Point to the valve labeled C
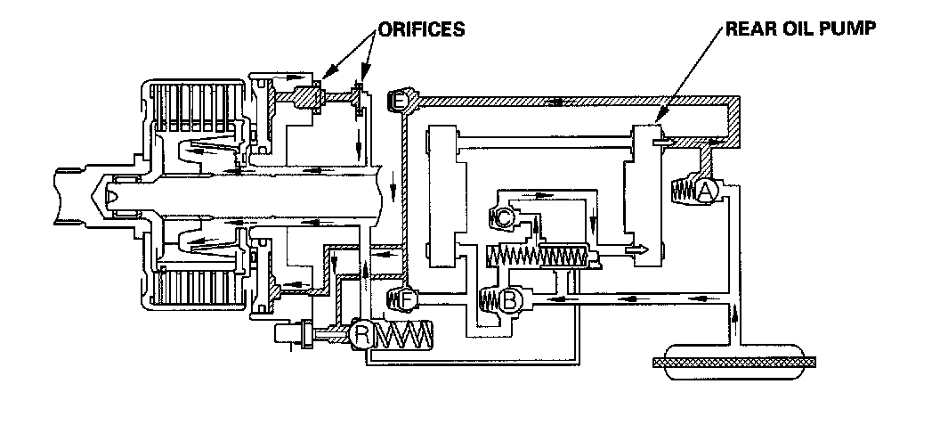[x=503, y=216]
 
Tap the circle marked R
[x=362, y=335]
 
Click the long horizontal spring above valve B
[x=538, y=258]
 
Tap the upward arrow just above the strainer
[x=735, y=315]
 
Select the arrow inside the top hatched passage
[x=555, y=101]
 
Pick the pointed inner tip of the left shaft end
[x=109, y=191]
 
